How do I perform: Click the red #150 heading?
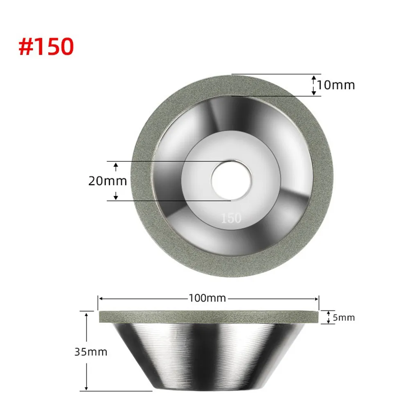[46, 47]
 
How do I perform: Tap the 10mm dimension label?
[336, 85]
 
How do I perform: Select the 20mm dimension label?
[107, 181]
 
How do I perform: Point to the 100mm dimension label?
[207, 298]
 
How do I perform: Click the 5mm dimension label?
[344, 317]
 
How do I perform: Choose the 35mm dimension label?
[91, 352]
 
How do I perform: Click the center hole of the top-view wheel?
[231, 181]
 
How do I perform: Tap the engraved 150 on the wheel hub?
[231, 218]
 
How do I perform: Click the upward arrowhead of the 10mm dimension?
[314, 78]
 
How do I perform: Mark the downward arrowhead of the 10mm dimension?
[314, 93]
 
